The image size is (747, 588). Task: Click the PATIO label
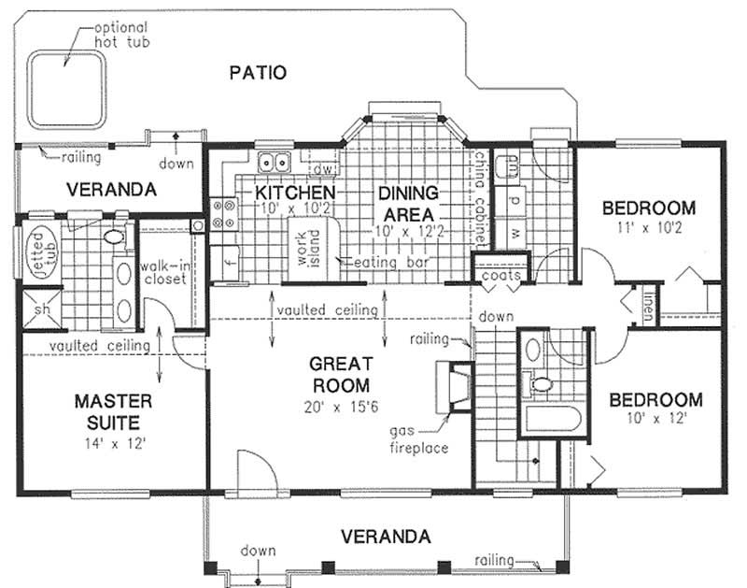pyautogui.click(x=258, y=72)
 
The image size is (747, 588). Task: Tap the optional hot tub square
pyautogui.click(x=64, y=89)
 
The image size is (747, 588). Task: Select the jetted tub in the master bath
pyautogui.click(x=40, y=251)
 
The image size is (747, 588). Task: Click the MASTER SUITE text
pyautogui.click(x=112, y=411)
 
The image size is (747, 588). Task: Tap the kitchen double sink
pyautogui.click(x=273, y=163)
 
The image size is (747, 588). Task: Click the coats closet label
pyautogui.click(x=500, y=276)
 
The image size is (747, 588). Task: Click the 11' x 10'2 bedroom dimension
pyautogui.click(x=648, y=227)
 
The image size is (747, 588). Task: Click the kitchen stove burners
pyautogui.click(x=224, y=213)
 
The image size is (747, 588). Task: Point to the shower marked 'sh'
pyautogui.click(x=41, y=308)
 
